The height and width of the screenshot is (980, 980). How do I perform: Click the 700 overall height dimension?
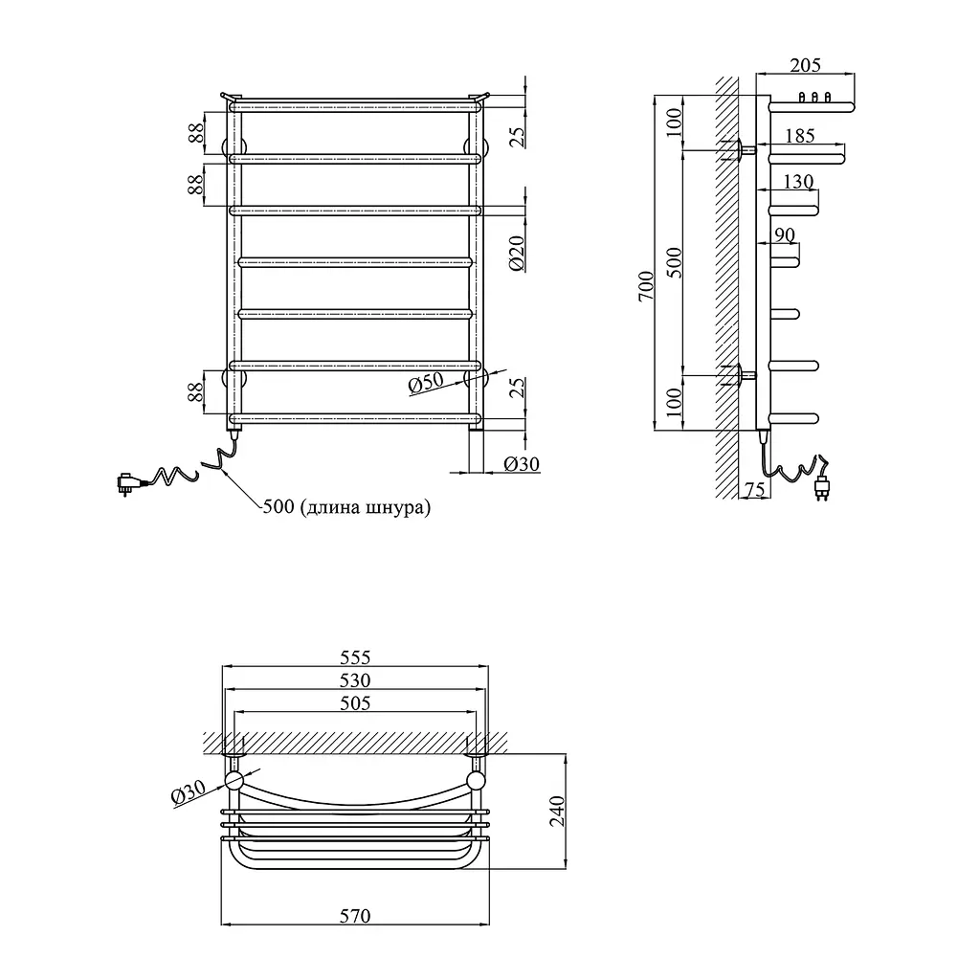[646, 285]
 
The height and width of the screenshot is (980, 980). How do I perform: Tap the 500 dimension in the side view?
[674, 262]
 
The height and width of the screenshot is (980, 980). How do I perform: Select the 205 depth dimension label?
[805, 65]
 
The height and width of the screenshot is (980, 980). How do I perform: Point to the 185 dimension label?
[800, 136]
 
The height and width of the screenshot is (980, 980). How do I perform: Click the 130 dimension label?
[798, 181]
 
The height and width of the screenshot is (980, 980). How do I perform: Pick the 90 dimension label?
[785, 234]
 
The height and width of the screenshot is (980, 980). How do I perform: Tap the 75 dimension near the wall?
[755, 489]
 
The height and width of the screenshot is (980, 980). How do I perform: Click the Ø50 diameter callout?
[426, 383]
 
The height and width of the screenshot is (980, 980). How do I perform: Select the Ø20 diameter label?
[517, 253]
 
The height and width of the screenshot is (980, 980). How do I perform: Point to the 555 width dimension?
[355, 657]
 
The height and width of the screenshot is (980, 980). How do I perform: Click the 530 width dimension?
[355, 680]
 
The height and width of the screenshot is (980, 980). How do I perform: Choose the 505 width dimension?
[355, 703]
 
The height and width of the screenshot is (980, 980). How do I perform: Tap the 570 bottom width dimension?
[355, 916]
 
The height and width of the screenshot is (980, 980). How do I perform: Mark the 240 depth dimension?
[557, 811]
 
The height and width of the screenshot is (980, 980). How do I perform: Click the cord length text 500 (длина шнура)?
[346, 506]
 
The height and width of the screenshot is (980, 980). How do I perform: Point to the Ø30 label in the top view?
[189, 792]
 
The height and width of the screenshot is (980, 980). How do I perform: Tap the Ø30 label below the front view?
[522, 464]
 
